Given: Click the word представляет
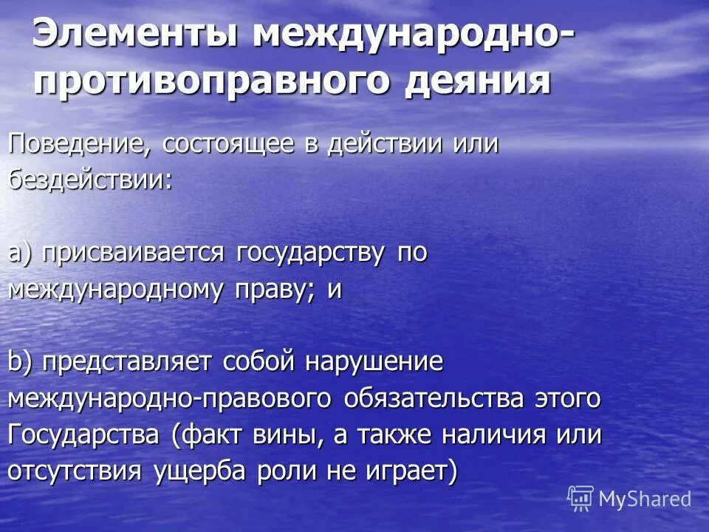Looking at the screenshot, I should tap(129, 362).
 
